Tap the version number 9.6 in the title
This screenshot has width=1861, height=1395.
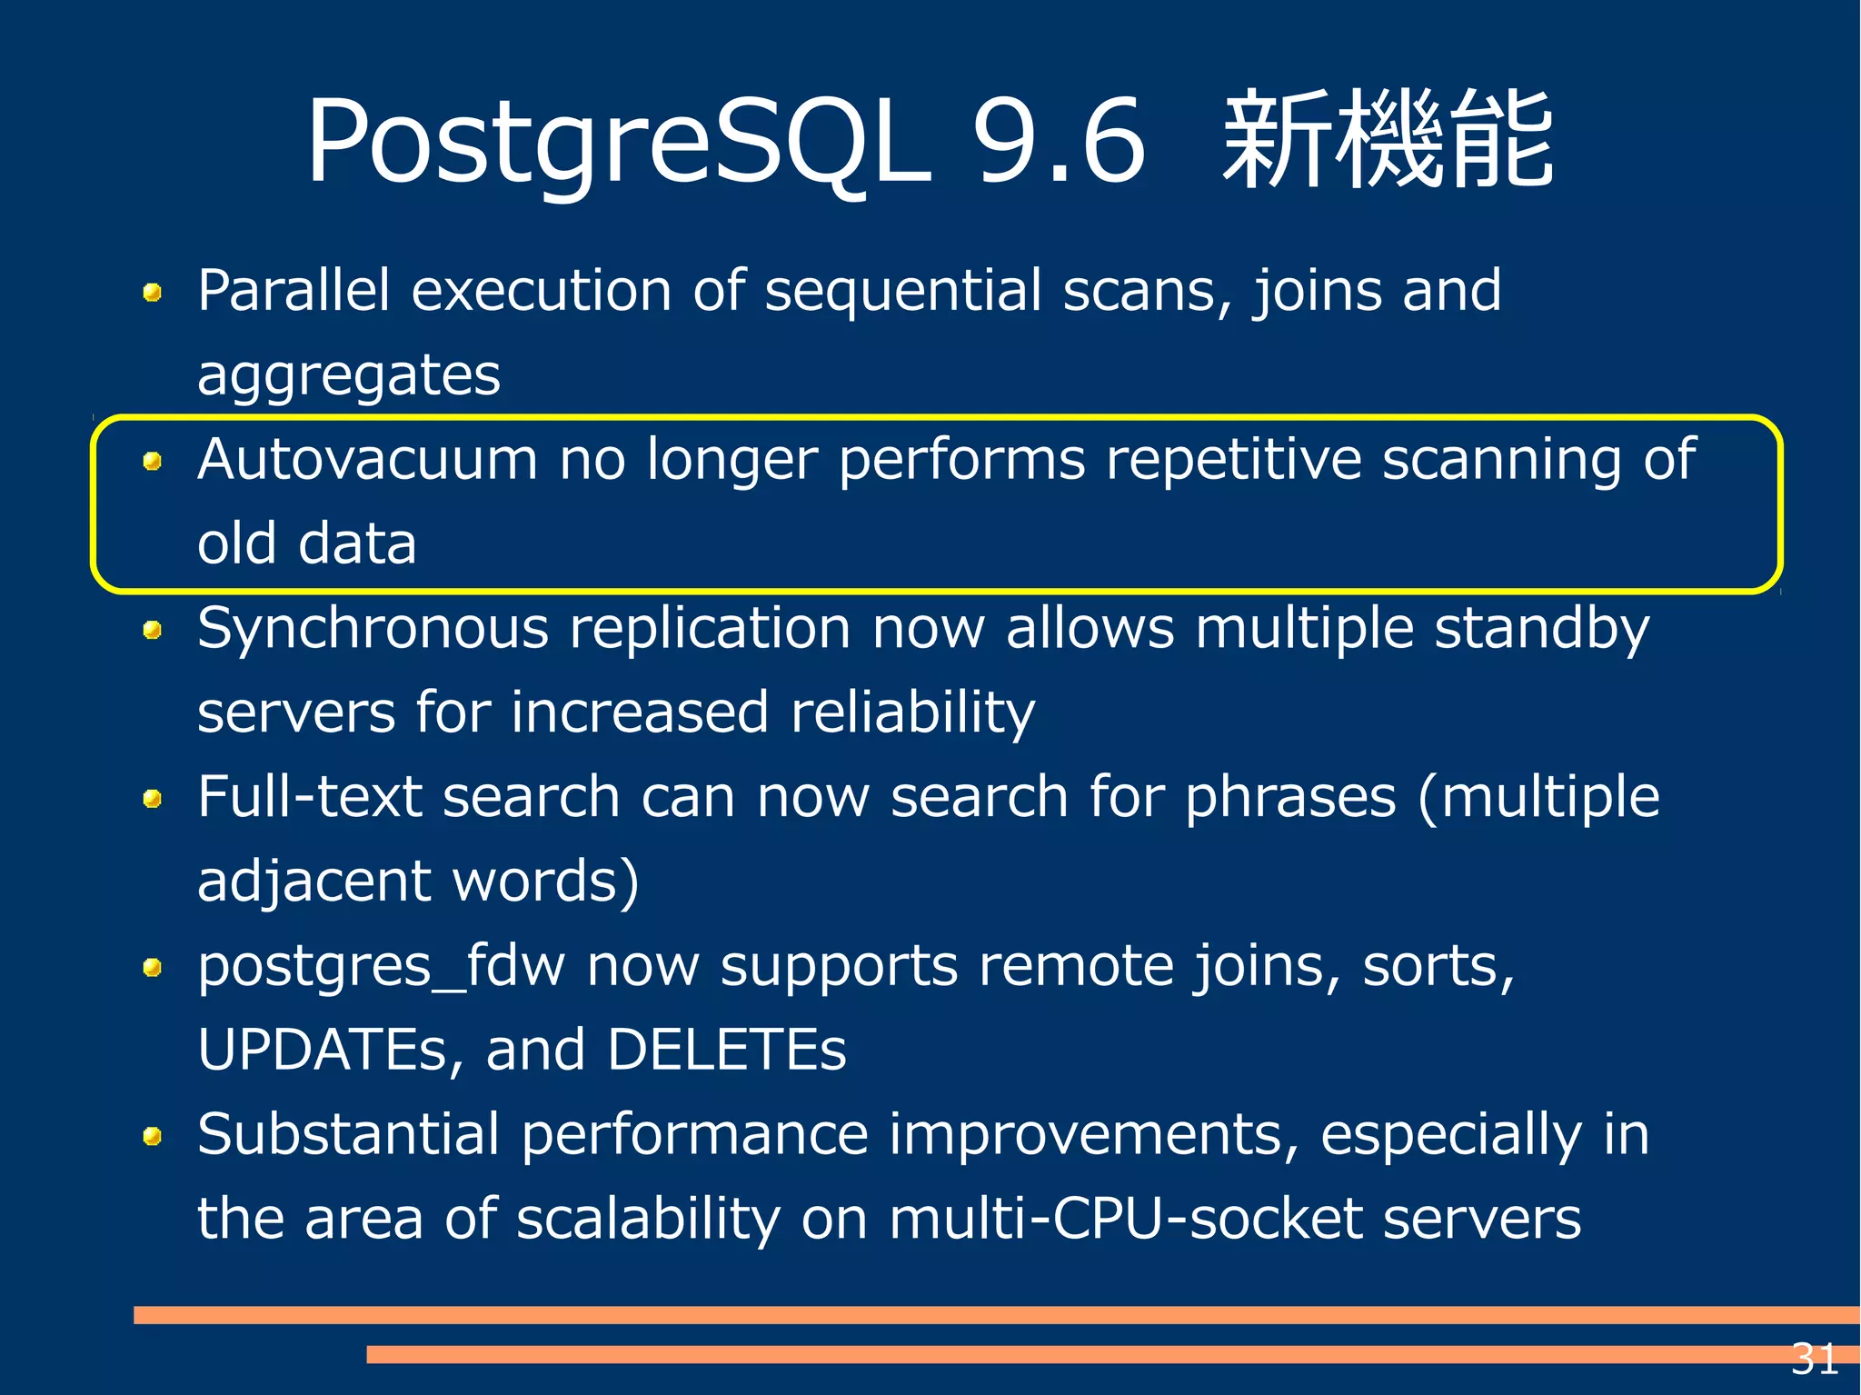click(1058, 141)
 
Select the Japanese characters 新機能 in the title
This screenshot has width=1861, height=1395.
click(1388, 141)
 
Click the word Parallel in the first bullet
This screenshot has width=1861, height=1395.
click(294, 291)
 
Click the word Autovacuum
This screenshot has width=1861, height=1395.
click(367, 459)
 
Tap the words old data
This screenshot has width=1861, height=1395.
click(307, 543)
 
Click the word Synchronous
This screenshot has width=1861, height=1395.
click(373, 629)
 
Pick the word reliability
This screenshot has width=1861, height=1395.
click(912, 712)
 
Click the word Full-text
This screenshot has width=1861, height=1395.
click(309, 797)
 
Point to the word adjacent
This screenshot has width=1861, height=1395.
click(313, 882)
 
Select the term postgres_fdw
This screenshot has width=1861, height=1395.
click(381, 967)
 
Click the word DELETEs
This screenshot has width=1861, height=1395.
click(726, 1050)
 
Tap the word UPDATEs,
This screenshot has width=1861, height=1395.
click(331, 1050)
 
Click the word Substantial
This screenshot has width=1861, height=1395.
click(348, 1135)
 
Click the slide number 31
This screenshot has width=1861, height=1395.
click(1814, 1360)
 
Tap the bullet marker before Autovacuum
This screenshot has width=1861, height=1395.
click(153, 462)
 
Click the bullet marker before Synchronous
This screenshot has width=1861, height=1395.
click(153, 630)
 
